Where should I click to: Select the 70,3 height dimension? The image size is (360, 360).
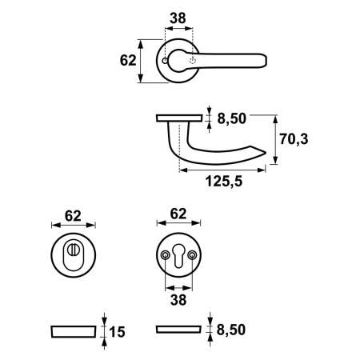tap(294, 139)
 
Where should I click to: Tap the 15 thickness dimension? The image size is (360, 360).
tap(116, 330)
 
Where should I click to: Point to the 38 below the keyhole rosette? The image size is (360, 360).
tap(178, 301)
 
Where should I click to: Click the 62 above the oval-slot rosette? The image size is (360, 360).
tap(73, 214)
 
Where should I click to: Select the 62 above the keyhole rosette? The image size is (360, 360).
tap(178, 214)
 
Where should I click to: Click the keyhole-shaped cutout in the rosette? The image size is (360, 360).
tap(178, 255)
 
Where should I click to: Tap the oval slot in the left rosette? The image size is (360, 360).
tap(74, 255)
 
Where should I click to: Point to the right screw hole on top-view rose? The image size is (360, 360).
tap(193, 61)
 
